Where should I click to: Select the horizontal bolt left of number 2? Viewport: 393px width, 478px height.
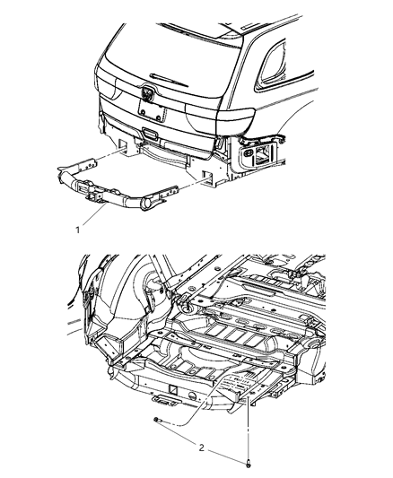(x=159, y=422)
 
